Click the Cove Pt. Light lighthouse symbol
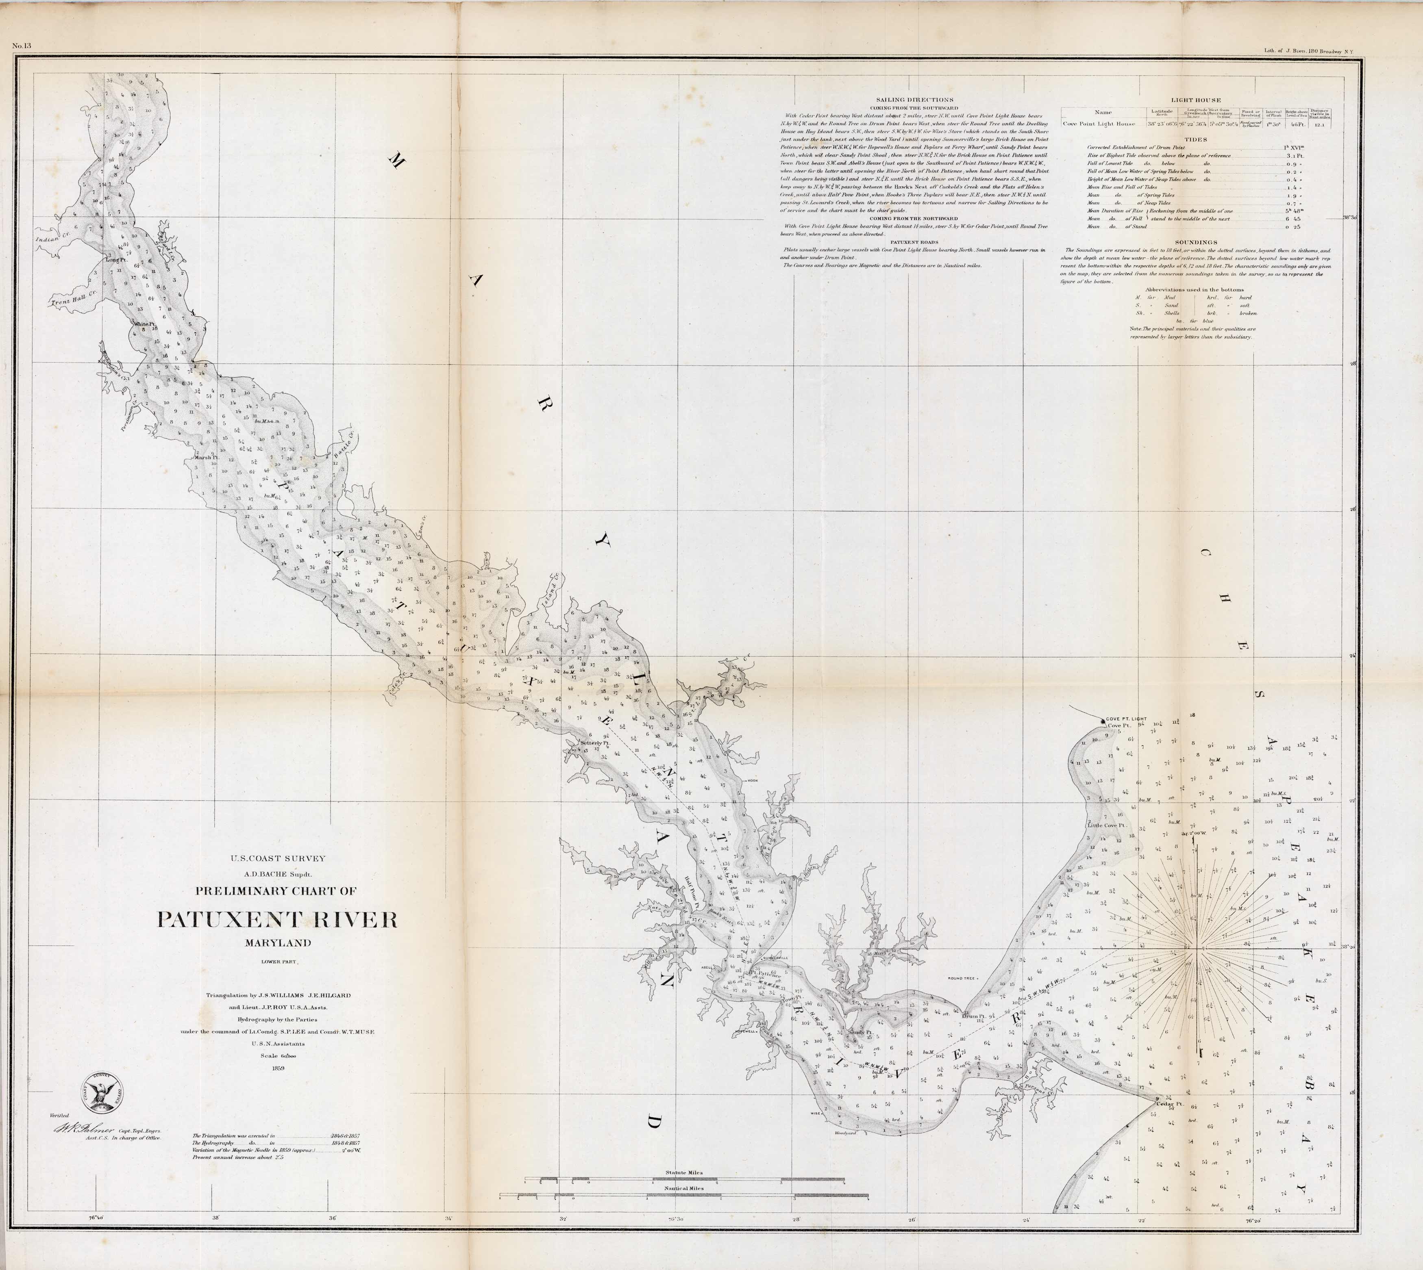coord(1103,719)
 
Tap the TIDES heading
coord(1195,139)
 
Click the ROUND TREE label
coord(962,978)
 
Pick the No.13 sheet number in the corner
coord(22,46)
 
